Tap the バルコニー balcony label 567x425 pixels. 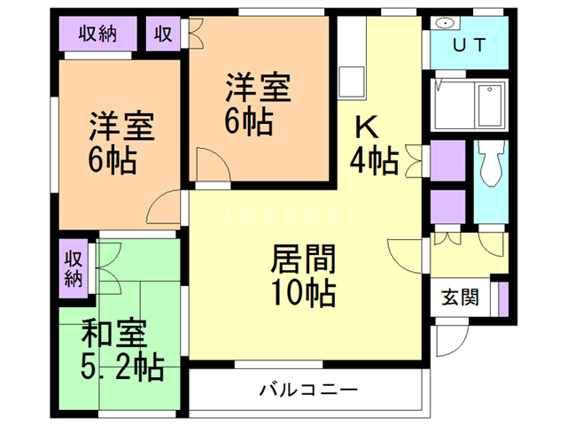[307, 390]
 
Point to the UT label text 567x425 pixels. [469, 46]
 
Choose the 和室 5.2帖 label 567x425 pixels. [121, 351]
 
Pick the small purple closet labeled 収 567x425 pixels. [163, 35]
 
